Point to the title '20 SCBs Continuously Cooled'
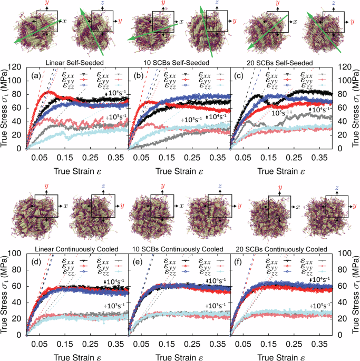coord(281,249)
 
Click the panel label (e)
coord(136,260)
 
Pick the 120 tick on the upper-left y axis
coord(20,67)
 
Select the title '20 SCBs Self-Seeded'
coord(281,63)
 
